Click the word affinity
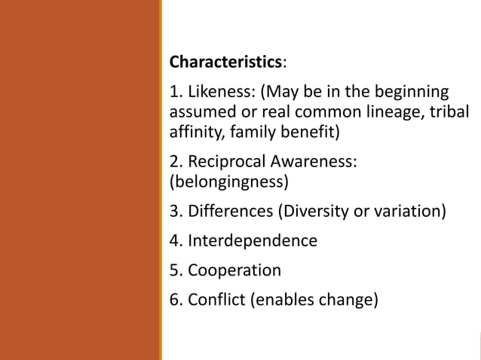[x=193, y=133]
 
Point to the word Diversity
[x=315, y=211]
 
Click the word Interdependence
[x=253, y=241]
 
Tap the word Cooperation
[x=234, y=270]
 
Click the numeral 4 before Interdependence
[x=174, y=241]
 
